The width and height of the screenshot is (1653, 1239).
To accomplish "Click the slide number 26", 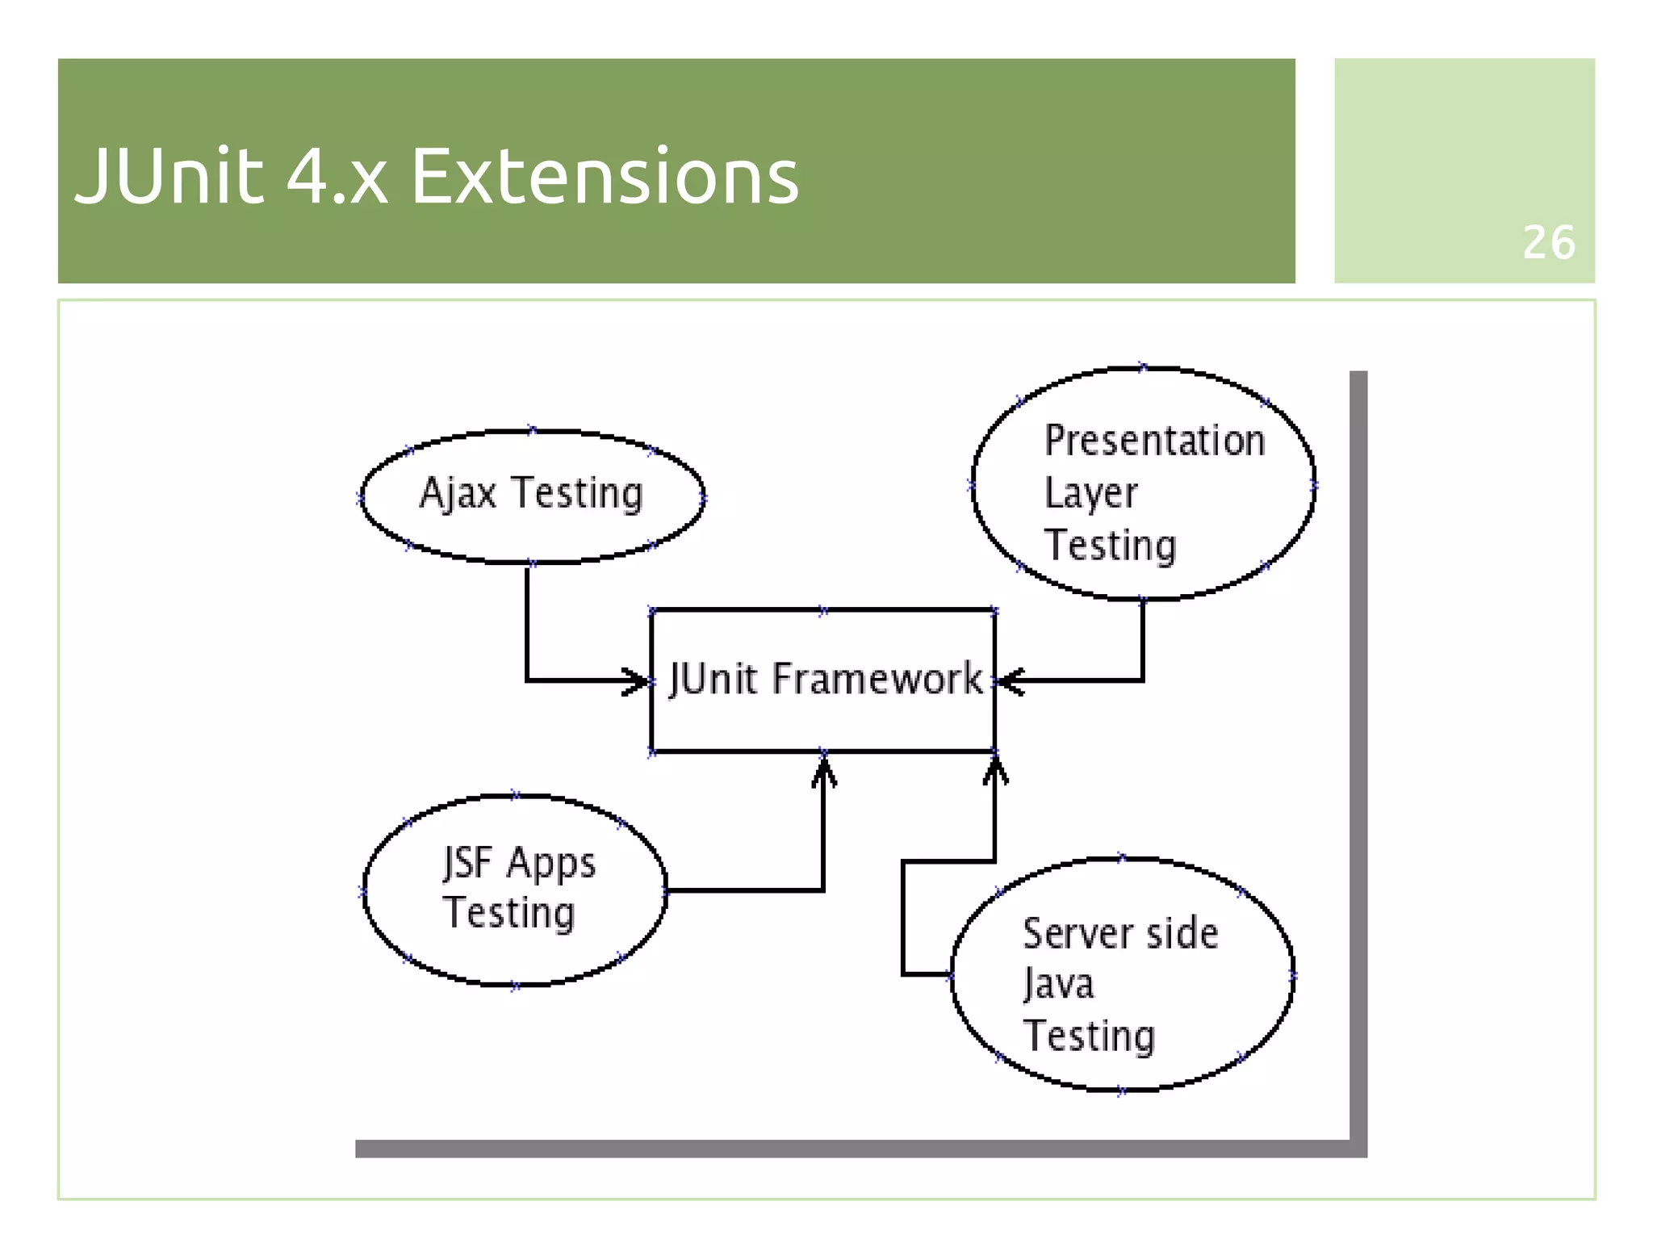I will tap(1548, 242).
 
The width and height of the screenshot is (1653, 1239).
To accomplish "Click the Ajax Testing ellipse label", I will tap(531, 493).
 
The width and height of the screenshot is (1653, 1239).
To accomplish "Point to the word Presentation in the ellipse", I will tap(1154, 441).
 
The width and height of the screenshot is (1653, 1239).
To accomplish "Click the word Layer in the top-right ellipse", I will tap(1090, 493).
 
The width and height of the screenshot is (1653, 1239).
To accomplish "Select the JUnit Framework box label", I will tap(825, 679).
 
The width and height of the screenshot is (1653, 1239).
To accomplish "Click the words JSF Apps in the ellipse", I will tap(519, 864).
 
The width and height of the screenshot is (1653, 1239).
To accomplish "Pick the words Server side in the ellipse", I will tap(1119, 934).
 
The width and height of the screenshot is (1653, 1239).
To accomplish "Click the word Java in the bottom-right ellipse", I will tap(1058, 985).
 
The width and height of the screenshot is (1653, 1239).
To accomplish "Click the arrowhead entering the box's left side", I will tap(637, 680).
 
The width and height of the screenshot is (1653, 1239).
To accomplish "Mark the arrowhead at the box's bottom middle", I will tap(823, 770).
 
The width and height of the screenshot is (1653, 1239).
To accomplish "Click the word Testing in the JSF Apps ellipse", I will tap(508, 914).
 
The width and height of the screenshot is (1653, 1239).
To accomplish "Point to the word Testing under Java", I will tap(1089, 1036).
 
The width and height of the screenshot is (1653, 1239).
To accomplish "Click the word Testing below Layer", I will tap(1110, 545).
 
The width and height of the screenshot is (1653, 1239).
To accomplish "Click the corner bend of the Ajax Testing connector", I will tap(527, 680).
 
